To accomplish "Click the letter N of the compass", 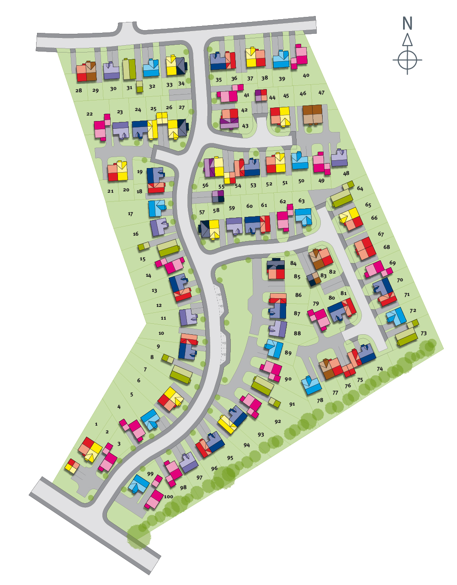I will click(407, 23).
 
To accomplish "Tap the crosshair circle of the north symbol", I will click(407, 59).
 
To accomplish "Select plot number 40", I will click(306, 76).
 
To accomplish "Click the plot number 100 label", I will click(168, 496).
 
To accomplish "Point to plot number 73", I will click(424, 333).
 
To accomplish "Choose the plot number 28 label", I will click(79, 90).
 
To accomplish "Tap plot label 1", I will click(96, 424).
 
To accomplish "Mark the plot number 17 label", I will click(130, 214).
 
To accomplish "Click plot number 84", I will click(293, 264).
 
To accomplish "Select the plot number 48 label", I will click(346, 174).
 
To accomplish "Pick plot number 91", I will click(292, 404).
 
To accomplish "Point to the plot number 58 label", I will click(216, 210).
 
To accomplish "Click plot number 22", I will click(90, 114).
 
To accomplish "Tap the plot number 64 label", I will click(360, 189).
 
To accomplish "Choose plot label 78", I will click(320, 401).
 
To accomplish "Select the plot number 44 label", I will click(272, 98).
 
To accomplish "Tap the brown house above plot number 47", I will click(313, 114).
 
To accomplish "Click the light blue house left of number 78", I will click(311, 385).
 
